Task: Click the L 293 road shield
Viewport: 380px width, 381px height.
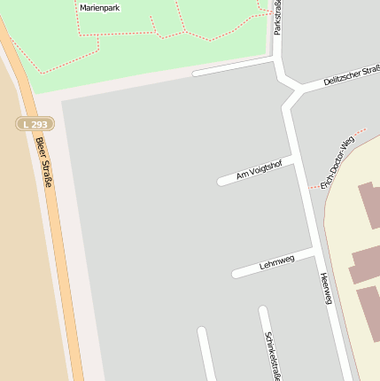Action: point(35,125)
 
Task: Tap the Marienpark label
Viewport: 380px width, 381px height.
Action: point(100,7)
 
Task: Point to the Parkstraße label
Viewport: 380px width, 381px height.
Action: point(277,18)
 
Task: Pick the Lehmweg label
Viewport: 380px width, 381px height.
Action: point(276,262)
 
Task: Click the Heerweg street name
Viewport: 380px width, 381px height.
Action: point(325,288)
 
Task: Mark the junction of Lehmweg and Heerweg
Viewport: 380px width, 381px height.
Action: point(316,250)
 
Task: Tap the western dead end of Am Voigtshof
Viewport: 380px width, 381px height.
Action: point(221,183)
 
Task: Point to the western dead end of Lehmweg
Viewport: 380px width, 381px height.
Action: point(236,274)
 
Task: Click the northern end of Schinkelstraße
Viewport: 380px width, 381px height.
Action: point(262,309)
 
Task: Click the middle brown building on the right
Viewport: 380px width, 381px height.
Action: point(366,264)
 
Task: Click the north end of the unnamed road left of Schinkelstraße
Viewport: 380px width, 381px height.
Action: point(202,330)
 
